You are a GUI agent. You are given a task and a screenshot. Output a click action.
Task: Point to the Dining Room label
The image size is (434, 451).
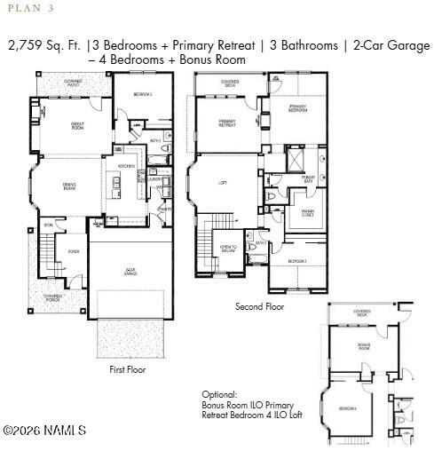67,187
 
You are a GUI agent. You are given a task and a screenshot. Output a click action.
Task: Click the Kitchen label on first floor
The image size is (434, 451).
126,166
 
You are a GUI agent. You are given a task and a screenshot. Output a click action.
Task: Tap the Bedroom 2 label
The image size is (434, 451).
143,93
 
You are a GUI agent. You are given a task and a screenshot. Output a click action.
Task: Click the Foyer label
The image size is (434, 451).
74,251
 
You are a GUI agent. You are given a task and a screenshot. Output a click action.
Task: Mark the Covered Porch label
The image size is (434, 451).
52,297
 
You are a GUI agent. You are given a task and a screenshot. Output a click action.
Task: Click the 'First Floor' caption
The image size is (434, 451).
127,369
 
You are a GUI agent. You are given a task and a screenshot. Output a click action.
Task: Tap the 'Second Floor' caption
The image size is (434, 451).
259,306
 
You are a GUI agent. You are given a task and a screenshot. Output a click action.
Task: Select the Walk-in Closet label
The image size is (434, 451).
308,213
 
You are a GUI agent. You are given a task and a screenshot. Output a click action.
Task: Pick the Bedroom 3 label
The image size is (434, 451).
297,261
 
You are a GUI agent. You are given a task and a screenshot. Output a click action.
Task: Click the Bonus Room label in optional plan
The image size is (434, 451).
364,345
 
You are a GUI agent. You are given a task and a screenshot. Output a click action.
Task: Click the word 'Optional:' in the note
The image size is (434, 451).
220,394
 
